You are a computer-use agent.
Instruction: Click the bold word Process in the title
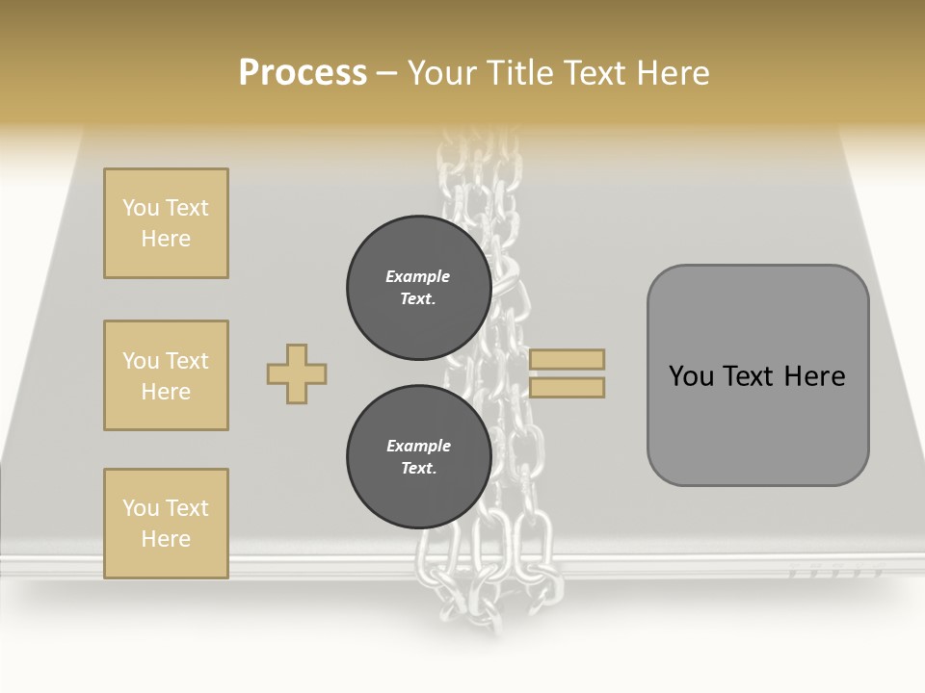303,73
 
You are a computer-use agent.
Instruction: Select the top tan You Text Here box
166,223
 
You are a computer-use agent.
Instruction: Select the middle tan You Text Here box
166,375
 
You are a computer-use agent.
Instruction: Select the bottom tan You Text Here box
166,523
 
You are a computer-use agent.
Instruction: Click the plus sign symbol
297,373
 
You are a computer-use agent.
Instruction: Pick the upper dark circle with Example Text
418,288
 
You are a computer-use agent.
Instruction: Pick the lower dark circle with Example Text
418,456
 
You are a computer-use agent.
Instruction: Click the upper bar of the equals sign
567,359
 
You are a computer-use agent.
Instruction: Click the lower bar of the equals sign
567,387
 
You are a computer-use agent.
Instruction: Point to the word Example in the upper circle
418,276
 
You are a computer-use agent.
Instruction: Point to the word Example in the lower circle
418,446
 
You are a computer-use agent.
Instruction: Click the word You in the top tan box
141,208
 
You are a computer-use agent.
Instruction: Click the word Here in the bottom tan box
166,539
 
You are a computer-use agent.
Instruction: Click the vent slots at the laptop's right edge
834,573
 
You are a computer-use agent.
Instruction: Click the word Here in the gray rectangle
814,376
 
